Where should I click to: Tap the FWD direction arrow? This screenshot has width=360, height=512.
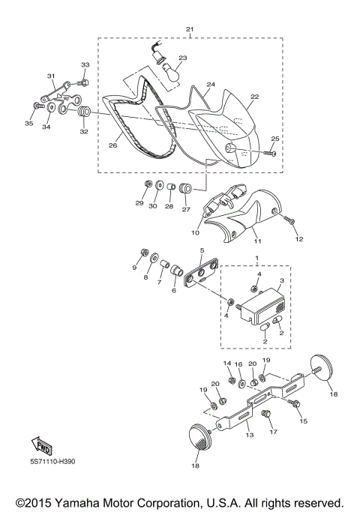coord(41,446)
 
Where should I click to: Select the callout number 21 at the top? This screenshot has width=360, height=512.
coord(190,29)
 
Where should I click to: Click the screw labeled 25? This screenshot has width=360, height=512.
coord(270,153)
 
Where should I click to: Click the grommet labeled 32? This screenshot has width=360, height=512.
coord(85,112)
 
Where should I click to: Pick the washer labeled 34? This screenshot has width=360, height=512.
coord(51,107)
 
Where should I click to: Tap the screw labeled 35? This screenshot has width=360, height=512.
coord(38,106)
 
